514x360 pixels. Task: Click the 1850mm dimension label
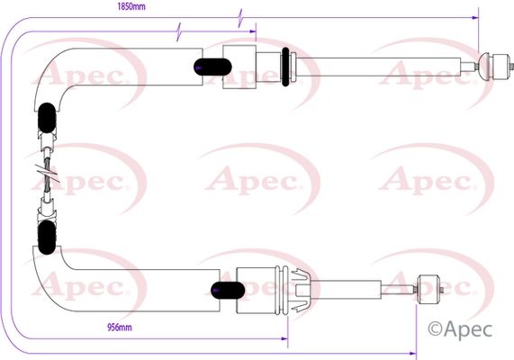[131, 6]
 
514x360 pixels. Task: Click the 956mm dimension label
[120, 327]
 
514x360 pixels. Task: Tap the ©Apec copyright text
[460, 329]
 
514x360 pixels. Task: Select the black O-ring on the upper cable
[285, 67]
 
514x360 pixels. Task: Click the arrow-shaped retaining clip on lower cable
[300, 290]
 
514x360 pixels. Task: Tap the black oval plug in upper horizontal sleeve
[212, 67]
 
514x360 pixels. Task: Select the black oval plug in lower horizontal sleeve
[228, 290]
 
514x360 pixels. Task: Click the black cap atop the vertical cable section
[47, 118]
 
